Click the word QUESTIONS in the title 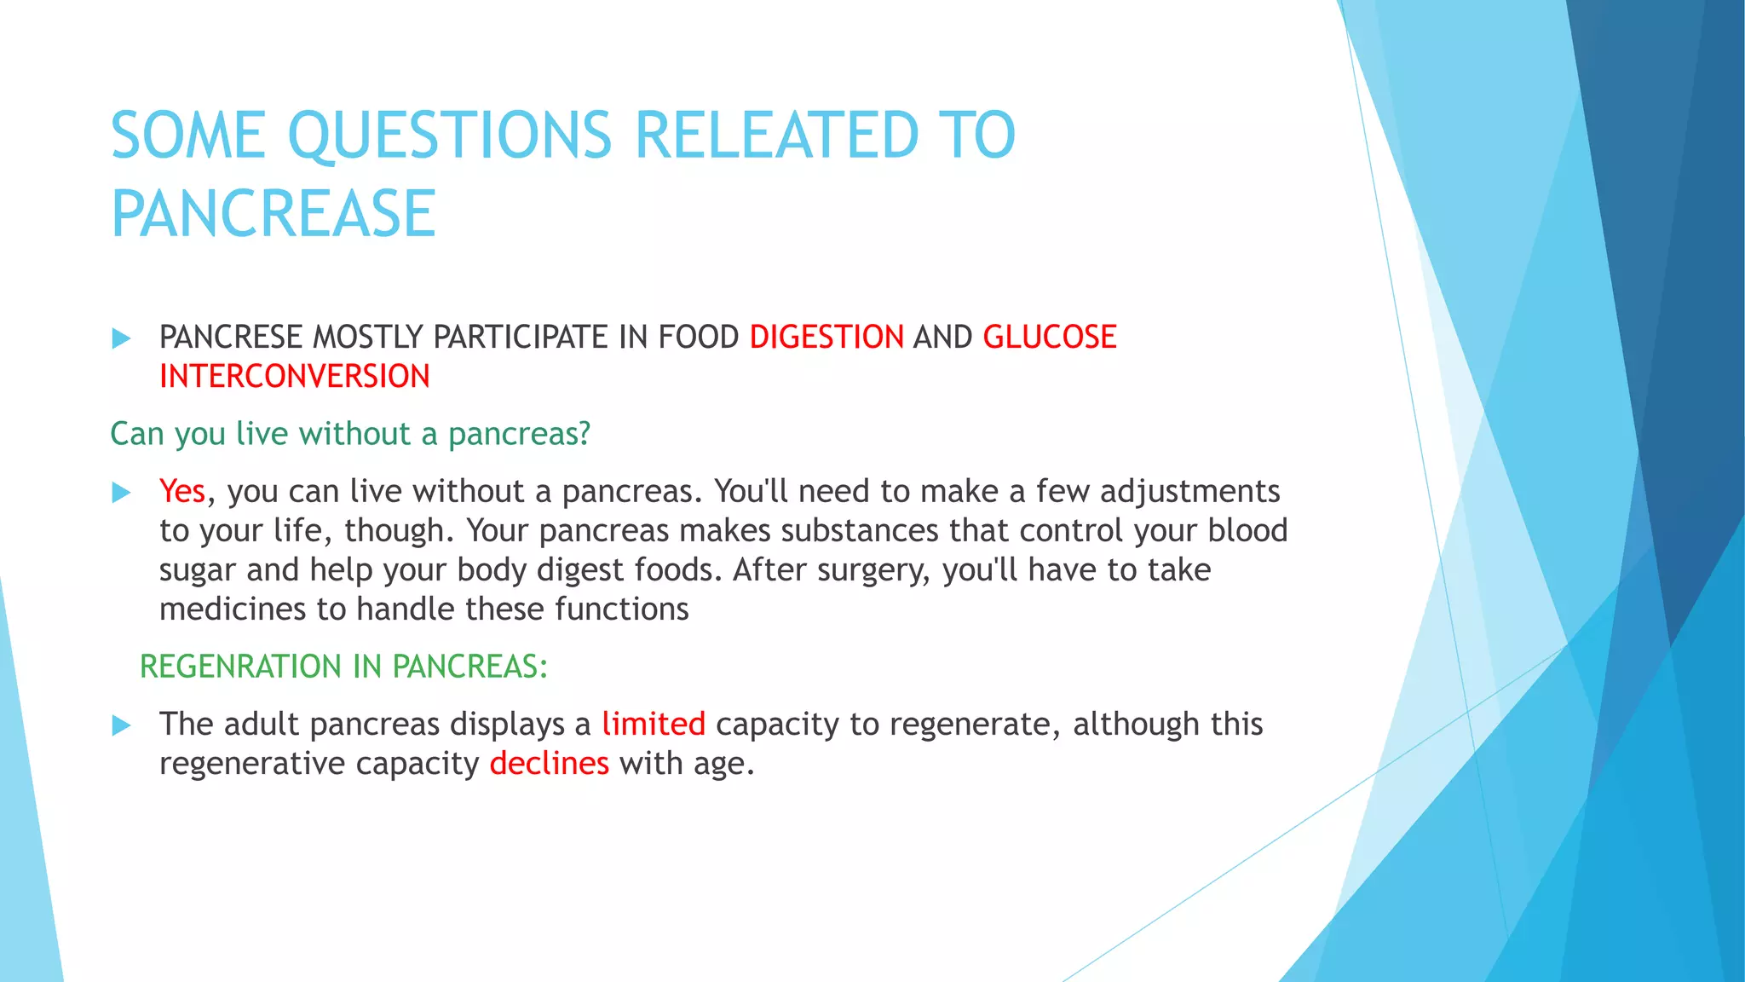click(x=450, y=136)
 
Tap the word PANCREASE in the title click(x=274, y=214)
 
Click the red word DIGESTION click(x=826, y=338)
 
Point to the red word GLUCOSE click(x=1049, y=338)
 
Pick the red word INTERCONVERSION click(x=295, y=377)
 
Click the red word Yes click(x=181, y=492)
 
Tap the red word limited click(x=653, y=725)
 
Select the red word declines click(x=549, y=764)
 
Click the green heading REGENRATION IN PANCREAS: click(x=343, y=667)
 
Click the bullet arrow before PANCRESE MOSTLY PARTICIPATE click(x=122, y=338)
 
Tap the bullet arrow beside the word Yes click(x=122, y=492)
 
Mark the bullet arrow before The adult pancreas click(x=122, y=725)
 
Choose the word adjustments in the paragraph click(x=1189, y=492)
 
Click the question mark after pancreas click(x=584, y=434)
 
